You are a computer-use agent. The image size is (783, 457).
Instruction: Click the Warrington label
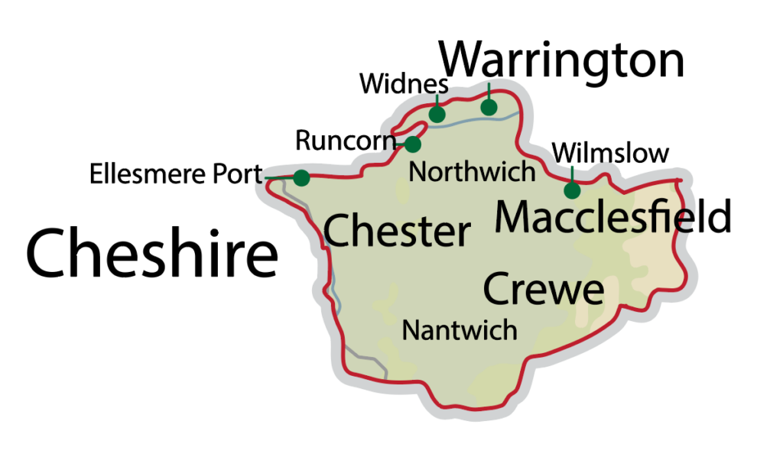click(x=564, y=61)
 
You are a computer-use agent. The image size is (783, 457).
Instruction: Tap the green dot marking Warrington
click(x=489, y=107)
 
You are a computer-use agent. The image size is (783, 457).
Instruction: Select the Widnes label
click(x=403, y=83)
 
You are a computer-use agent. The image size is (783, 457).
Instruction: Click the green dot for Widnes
click(x=437, y=115)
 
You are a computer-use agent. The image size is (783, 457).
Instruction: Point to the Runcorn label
click(x=344, y=141)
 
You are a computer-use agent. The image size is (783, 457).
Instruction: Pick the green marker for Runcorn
click(x=413, y=144)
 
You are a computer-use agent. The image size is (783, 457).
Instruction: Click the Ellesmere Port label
click(x=176, y=174)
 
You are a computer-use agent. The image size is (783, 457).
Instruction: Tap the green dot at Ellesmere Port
click(x=301, y=177)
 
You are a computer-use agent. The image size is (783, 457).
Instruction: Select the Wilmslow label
click(x=610, y=153)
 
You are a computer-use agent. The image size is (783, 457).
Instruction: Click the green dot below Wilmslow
click(x=571, y=190)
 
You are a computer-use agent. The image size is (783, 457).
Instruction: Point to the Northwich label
click(x=472, y=171)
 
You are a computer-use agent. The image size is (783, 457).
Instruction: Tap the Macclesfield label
click(x=613, y=217)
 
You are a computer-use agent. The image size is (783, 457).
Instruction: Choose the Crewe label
click(x=543, y=290)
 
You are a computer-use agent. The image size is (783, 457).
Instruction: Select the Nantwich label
click(x=460, y=330)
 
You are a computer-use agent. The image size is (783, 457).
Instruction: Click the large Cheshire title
click(x=151, y=253)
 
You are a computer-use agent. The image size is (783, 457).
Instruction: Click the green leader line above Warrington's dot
click(x=489, y=91)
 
